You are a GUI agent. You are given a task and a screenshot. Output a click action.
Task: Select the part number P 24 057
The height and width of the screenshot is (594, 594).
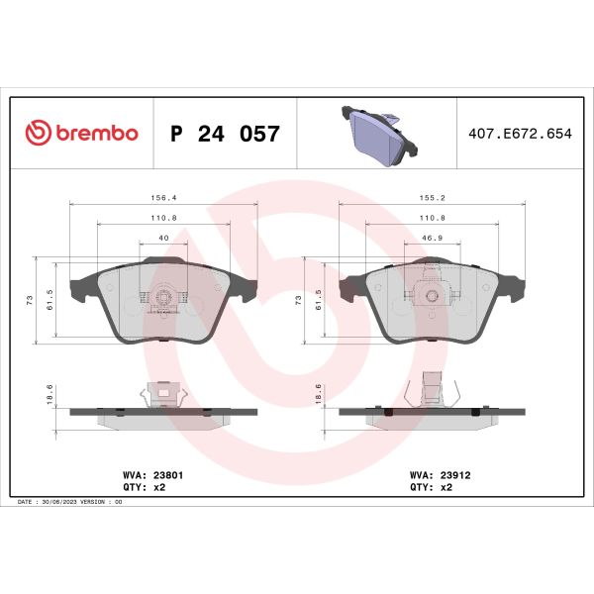[226, 134]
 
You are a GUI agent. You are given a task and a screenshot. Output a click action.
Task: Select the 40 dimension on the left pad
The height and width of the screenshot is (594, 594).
[164, 238]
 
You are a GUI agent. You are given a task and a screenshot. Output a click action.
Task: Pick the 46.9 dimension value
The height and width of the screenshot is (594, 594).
[434, 238]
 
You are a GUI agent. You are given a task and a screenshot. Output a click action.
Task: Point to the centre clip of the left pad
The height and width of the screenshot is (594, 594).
[164, 295]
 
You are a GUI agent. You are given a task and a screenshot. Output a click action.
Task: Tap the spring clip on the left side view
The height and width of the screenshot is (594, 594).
[164, 395]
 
